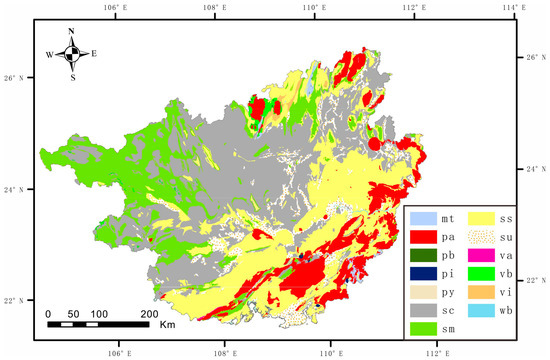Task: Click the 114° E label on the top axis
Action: (514, 7)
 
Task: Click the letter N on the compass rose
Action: (71, 31)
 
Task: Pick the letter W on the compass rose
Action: (48, 54)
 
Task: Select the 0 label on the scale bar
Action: (49, 314)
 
